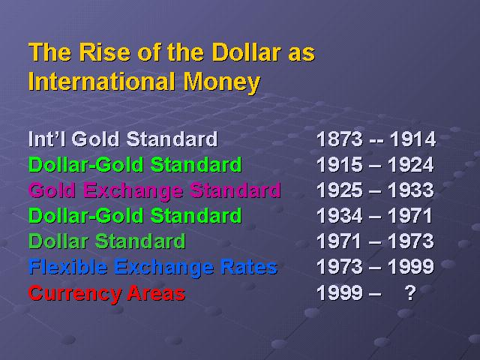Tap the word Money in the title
click(x=222, y=82)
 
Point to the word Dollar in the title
click(x=246, y=52)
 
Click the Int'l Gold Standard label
click(x=123, y=139)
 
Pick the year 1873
click(x=340, y=139)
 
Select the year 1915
click(x=340, y=165)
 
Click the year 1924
click(x=411, y=165)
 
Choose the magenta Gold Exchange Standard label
click(x=154, y=190)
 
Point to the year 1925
click(x=340, y=190)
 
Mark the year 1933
click(x=411, y=190)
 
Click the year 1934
click(x=340, y=215)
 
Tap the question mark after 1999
click(x=410, y=292)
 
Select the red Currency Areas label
click(x=106, y=293)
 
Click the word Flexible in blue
click(x=67, y=267)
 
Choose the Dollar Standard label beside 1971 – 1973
click(x=106, y=241)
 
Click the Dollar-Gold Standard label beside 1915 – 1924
click(x=135, y=165)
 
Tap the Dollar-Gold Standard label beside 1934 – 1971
click(x=135, y=215)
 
